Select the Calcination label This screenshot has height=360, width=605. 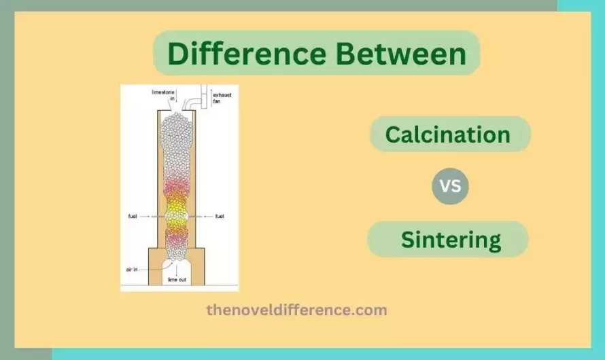coord(448,134)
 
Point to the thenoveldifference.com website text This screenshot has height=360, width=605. coord(296,310)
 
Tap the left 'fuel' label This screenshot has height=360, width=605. coord(133,217)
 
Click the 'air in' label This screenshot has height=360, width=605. coord(133,269)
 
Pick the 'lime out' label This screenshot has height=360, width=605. coord(177,279)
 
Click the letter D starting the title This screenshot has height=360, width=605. coord(177,54)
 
